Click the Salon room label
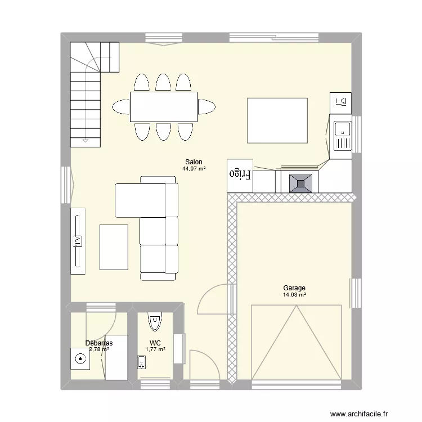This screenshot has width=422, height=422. click(x=194, y=161)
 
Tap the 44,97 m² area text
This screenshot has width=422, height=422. click(x=194, y=168)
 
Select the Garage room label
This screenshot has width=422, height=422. click(x=294, y=288)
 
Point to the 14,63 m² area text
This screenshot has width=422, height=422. click(x=294, y=294)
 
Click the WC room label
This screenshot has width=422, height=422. click(x=155, y=343)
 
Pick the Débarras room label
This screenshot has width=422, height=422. click(x=99, y=343)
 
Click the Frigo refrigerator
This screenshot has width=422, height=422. click(x=240, y=176)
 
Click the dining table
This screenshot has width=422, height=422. click(x=164, y=106)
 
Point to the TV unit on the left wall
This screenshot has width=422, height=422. click(x=78, y=241)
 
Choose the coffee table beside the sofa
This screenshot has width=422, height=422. click(x=114, y=246)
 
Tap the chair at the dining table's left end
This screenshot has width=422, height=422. click(x=121, y=106)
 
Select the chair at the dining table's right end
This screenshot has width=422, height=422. click(x=206, y=106)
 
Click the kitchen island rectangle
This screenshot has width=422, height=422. click(x=277, y=120)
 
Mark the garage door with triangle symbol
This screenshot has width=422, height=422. click(x=296, y=342)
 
